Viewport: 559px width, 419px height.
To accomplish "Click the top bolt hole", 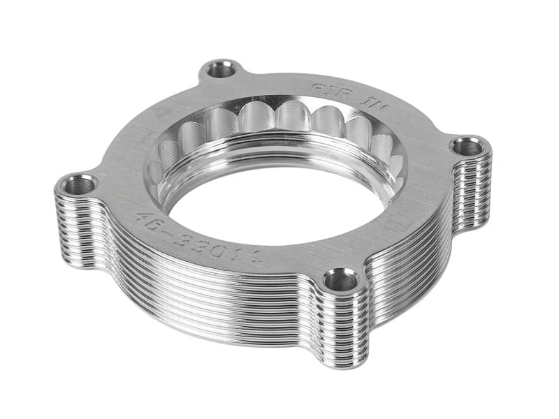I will pyautogui.click(x=223, y=69).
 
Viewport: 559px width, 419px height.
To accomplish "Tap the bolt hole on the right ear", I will pyautogui.click(x=468, y=147).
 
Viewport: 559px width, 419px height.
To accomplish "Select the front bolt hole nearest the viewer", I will pyautogui.click(x=342, y=281).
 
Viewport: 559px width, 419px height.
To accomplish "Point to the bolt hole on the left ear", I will pyautogui.click(x=78, y=186).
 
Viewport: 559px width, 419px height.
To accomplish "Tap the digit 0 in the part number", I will pyautogui.click(x=224, y=247).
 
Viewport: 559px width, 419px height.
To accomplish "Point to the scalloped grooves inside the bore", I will pyautogui.click(x=279, y=122).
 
